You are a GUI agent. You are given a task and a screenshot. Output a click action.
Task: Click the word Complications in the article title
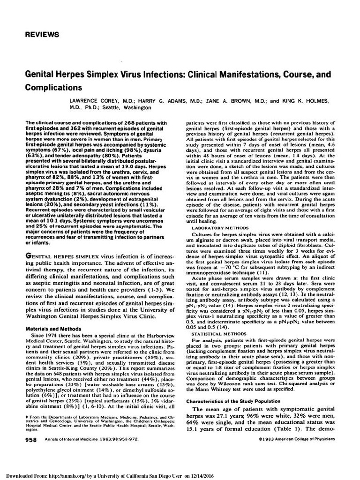point(52,87)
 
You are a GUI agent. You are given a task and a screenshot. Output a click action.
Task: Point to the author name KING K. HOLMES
point(308,101)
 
